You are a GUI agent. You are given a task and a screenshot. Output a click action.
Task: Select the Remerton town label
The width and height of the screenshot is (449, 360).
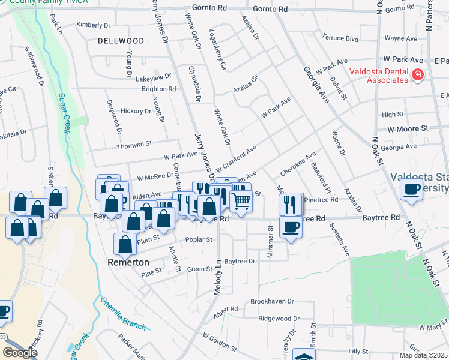coord(128,262)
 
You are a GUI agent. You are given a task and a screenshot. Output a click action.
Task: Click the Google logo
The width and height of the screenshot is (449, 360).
coord(20,353)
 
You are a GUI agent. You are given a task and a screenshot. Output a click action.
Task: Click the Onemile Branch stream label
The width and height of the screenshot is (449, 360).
coord(123,313)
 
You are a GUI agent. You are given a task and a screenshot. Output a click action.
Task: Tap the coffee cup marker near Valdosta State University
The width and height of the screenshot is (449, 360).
coord(412,190)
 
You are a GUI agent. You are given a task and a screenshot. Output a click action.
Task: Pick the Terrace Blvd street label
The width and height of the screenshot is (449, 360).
coord(340,37)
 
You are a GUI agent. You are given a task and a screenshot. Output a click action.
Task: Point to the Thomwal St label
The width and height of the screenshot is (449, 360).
coord(134,145)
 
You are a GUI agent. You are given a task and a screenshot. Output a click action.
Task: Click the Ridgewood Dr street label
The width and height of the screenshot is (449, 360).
coord(279,319)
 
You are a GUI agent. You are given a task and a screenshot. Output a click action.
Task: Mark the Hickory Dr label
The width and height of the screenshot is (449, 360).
coord(136,111)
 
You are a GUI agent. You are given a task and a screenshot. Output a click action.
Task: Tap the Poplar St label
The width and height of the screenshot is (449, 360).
coord(201,240)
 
